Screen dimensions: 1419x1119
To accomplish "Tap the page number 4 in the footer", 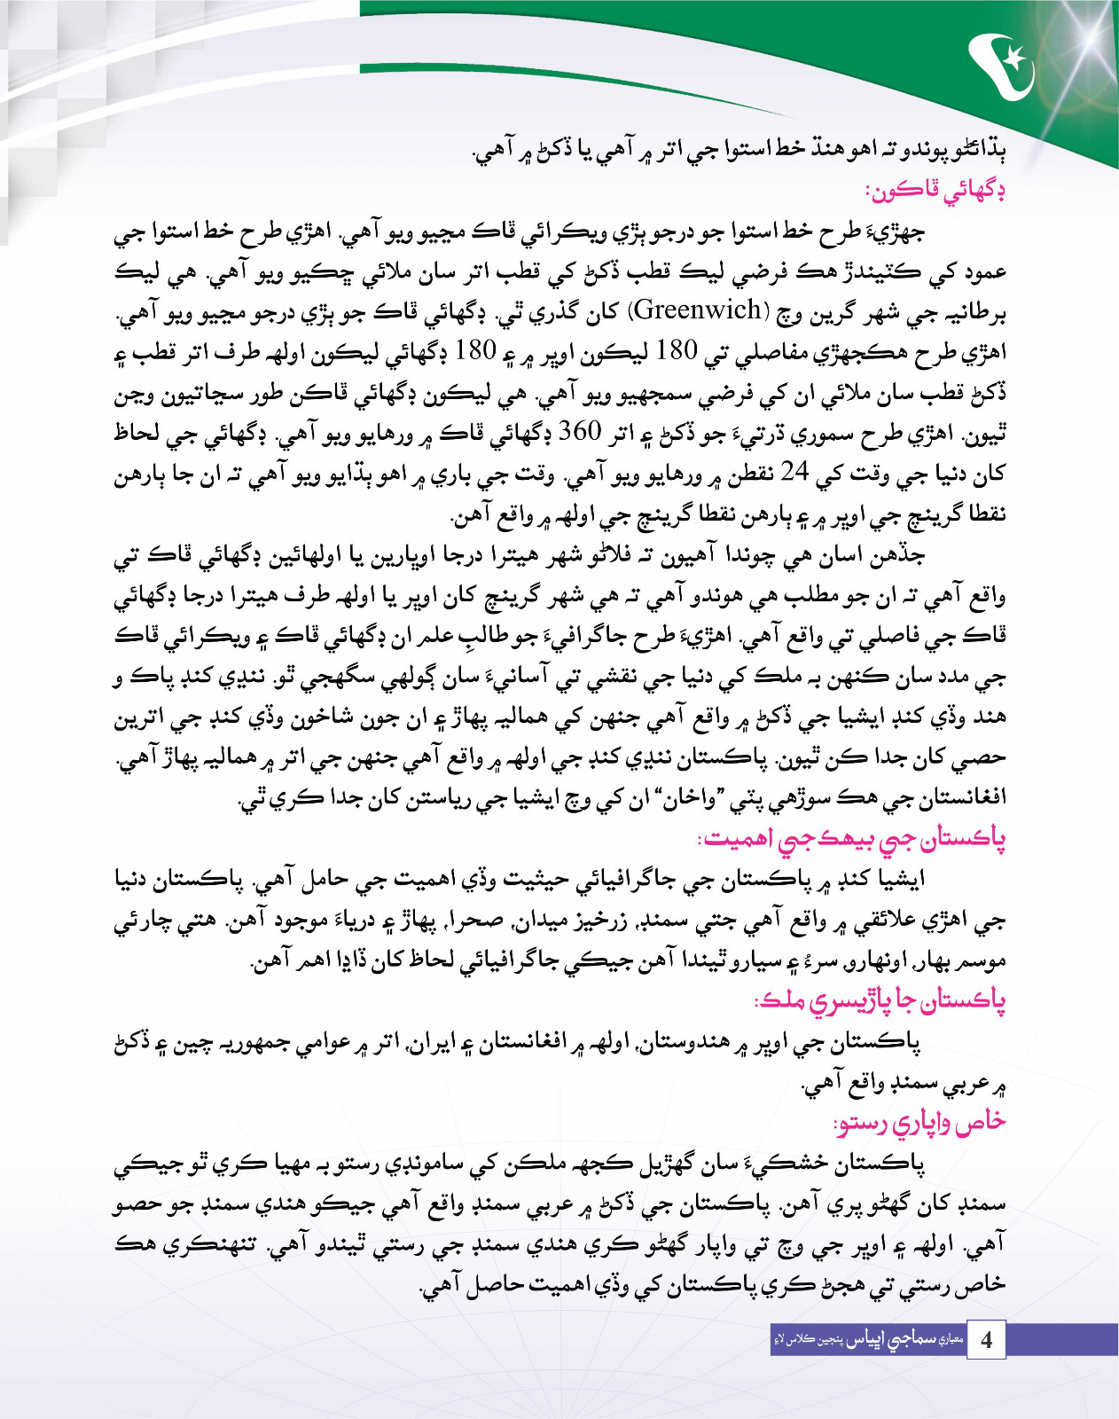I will [x=986, y=1339].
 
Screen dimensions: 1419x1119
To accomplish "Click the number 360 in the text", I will [x=580, y=432].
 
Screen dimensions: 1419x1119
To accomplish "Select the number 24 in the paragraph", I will [x=794, y=472].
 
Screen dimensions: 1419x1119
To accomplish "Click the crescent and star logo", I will [x=1003, y=67].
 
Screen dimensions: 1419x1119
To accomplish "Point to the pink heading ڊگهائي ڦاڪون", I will [x=935, y=190].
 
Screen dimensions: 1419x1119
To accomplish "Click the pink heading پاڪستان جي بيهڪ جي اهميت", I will [x=851, y=838].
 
